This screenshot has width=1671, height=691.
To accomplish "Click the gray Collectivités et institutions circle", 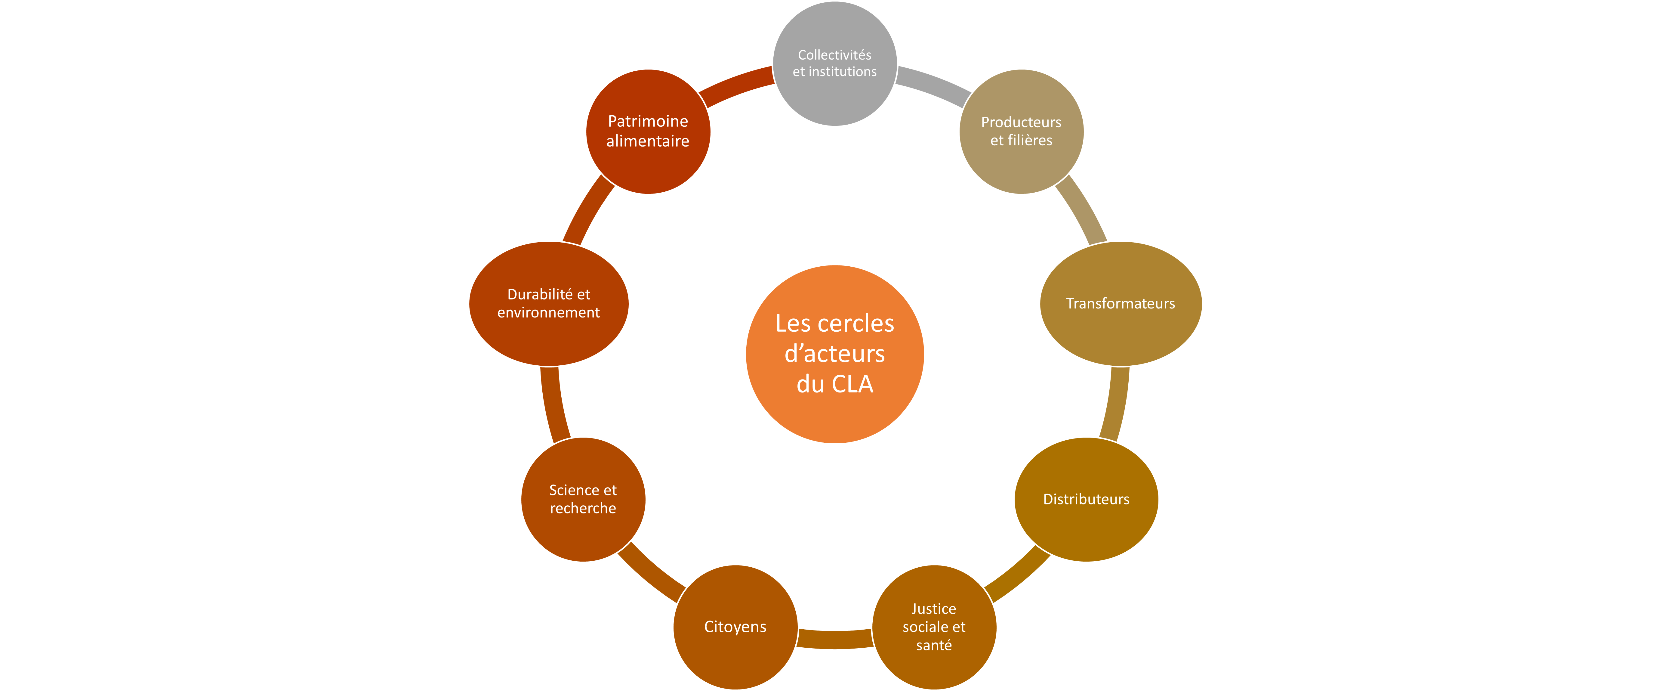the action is click(x=835, y=64).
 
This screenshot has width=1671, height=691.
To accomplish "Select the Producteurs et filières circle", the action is click(x=1022, y=132).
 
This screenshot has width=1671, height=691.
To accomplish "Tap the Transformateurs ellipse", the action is click(x=1121, y=304).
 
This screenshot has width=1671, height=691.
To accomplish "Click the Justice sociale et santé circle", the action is click(x=934, y=627).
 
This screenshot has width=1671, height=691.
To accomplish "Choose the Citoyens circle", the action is click(x=735, y=627).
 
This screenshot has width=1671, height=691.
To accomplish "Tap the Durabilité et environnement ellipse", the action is click(x=549, y=304).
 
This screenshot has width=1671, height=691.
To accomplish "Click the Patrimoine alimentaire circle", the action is click(x=648, y=132).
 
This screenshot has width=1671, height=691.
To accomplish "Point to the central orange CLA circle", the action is click(x=835, y=354).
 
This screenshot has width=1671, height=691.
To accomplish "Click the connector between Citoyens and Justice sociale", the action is click(x=835, y=639).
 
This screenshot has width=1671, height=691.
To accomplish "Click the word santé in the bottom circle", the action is click(x=934, y=646).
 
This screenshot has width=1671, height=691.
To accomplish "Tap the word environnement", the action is click(x=549, y=313).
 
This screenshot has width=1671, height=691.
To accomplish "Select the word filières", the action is click(x=1030, y=140).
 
